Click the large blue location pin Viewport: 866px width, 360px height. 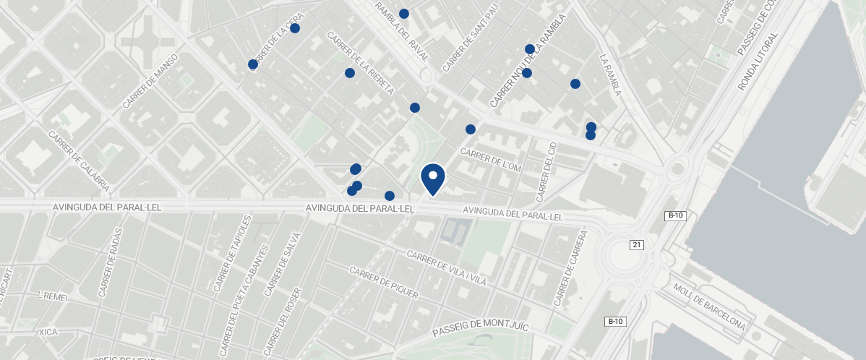point(433,178)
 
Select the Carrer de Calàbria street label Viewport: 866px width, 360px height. point(79,160)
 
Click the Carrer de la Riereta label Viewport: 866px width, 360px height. point(360,63)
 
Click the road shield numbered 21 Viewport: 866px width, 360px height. point(636,245)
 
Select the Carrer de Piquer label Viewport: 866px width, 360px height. point(383,282)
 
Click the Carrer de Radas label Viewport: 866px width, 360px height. point(111,263)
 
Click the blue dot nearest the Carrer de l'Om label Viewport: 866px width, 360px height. point(471,129)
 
